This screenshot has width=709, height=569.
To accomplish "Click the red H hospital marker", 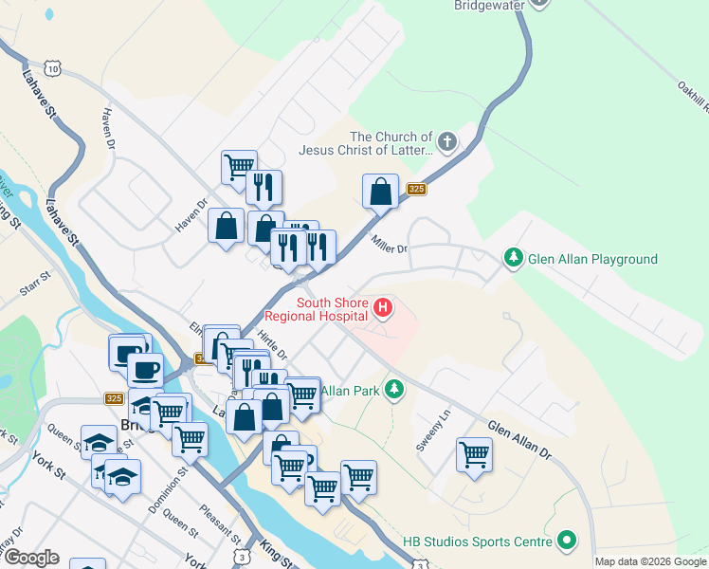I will (x=383, y=307).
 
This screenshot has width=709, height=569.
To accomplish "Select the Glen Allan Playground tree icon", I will (x=513, y=258).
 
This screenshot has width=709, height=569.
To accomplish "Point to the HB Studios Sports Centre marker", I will (x=567, y=541).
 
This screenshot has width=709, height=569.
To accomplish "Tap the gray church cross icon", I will (x=446, y=142).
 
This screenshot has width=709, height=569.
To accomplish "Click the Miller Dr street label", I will (x=389, y=245).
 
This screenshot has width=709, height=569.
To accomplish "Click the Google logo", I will (x=31, y=558).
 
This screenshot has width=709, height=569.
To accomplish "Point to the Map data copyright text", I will (x=650, y=561).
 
